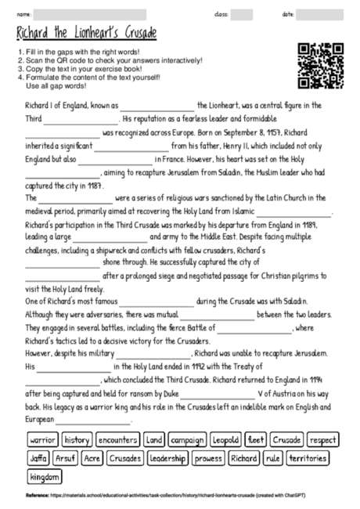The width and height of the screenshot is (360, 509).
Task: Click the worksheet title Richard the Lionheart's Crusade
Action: click(x=86, y=33)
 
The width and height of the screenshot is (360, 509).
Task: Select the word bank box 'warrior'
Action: click(x=42, y=439)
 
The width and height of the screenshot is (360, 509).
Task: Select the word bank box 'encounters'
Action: click(x=117, y=439)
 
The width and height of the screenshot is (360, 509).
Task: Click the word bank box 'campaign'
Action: click(x=186, y=439)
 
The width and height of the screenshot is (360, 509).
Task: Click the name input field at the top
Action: click(x=89, y=14)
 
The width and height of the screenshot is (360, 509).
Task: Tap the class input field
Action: click(x=241, y=14)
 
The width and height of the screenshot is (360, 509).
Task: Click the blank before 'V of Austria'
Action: click(x=217, y=397)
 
